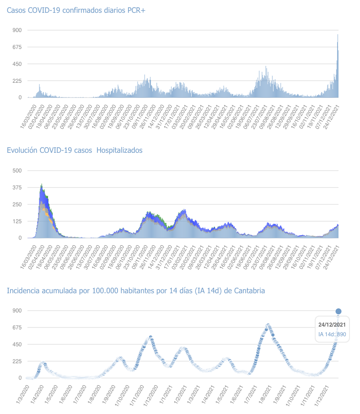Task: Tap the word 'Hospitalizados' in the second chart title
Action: click(120, 150)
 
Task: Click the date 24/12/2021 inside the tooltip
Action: click(332, 324)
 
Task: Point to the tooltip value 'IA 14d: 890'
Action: click(332, 334)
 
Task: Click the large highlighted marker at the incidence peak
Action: click(339, 312)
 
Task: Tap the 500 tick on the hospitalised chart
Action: click(17, 171)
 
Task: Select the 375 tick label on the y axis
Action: click(17, 188)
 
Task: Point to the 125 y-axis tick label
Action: click(17, 221)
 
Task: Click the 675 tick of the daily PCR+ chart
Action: click(17, 47)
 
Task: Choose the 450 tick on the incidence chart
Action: click(17, 344)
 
